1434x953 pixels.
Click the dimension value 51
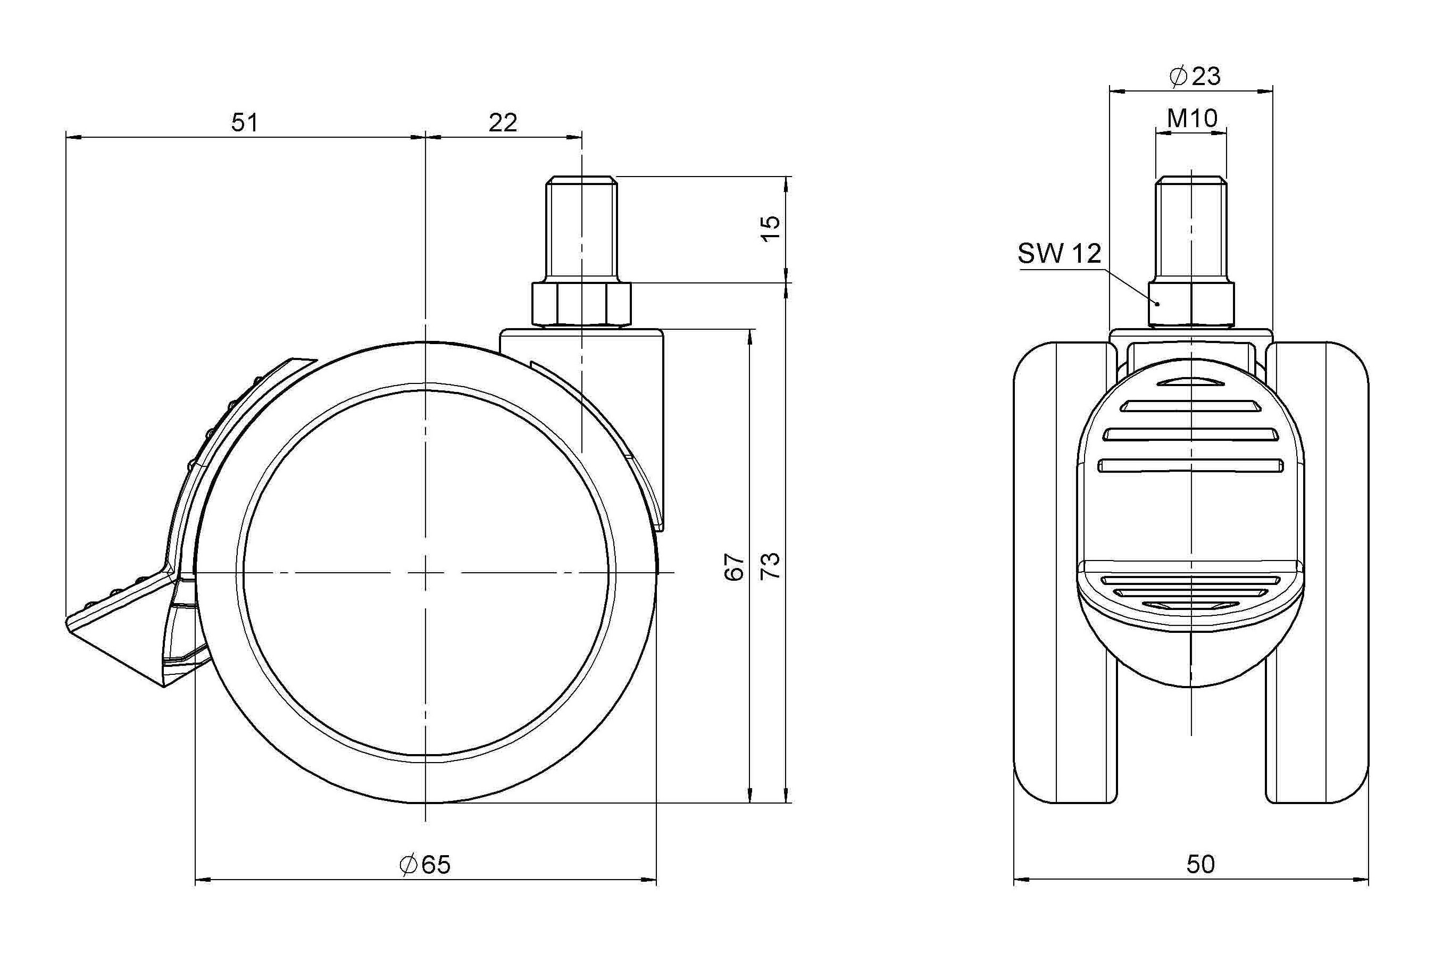coord(244,123)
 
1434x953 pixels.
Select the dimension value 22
coord(503,123)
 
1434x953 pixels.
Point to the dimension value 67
coord(735,566)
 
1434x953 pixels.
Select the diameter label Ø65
coord(425,864)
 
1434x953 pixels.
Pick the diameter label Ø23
coord(1195,77)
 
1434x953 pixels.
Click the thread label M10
coord(1192,118)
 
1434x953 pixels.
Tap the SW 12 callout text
coord(1060,254)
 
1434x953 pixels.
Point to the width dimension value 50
coord(1200,864)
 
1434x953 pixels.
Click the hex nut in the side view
coord(582,303)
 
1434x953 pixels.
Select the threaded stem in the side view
coord(582,229)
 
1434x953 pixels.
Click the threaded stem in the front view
coord(1191,229)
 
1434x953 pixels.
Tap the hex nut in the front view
coord(1191,303)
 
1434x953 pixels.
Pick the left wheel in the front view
coord(1065,571)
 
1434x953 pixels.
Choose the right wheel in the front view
coord(1318,571)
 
